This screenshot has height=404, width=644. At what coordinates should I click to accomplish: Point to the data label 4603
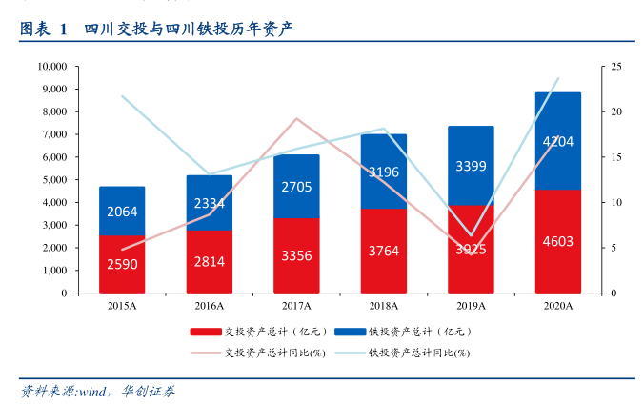pos(557,241)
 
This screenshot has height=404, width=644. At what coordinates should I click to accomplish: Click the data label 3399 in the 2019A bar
pos(471,166)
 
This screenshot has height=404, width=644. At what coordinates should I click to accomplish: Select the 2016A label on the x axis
pos(209,306)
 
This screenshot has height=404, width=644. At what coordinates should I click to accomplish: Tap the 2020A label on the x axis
pos(557,306)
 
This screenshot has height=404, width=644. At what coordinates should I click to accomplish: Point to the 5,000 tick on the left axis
pos(55,180)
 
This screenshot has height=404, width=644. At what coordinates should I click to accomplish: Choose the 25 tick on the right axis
pos(617,67)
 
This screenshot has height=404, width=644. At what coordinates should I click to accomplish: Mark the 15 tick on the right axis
pos(617,157)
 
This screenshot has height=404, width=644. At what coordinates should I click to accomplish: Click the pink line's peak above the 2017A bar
pos(296,119)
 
